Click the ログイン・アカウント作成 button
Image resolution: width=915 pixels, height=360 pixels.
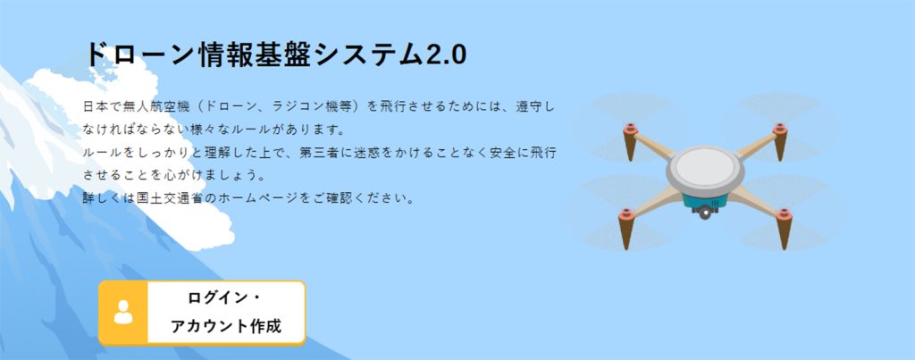[x=202, y=313]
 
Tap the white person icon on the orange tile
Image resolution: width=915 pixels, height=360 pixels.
[x=123, y=312]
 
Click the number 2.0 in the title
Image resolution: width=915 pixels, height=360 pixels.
[x=447, y=55]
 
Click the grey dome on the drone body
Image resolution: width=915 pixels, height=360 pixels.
[x=705, y=168]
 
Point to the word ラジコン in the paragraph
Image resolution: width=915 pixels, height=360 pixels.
[x=292, y=108]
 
